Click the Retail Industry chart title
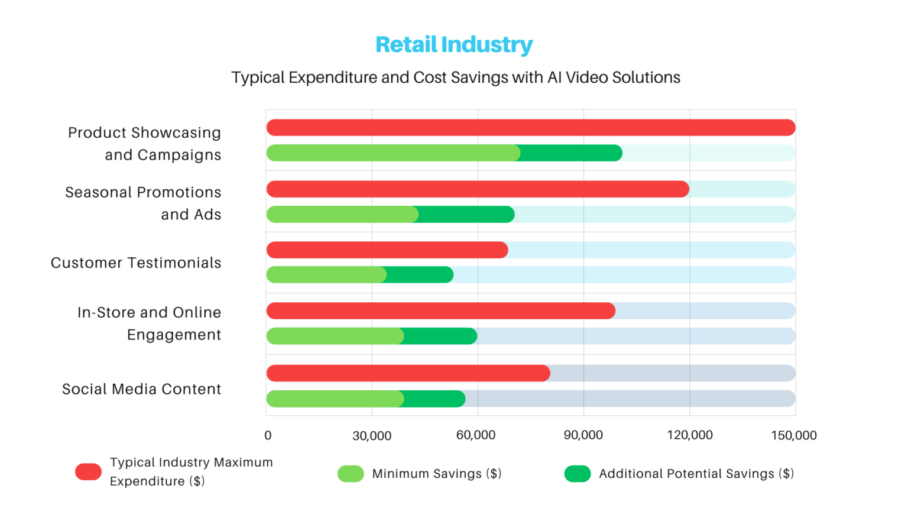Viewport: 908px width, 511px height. pos(454,45)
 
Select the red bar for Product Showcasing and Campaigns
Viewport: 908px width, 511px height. pos(530,128)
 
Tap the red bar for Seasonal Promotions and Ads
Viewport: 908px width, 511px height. pos(478,189)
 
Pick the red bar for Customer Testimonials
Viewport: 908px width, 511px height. pos(387,250)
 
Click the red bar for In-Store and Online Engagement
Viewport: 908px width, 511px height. pos(440,311)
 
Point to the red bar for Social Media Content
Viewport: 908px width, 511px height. pos(408,373)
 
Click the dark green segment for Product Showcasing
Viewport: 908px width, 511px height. pos(571,153)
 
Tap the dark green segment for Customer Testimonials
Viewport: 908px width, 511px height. pos(420,275)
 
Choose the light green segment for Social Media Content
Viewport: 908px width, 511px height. pos(335,399)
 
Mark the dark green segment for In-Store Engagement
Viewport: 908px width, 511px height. pos(440,336)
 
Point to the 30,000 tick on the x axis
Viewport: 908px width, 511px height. pos(372,436)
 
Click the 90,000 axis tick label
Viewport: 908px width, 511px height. pos(583,436)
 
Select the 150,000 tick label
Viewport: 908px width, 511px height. pos(793,436)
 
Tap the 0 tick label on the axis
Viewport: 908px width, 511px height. pos(268,436)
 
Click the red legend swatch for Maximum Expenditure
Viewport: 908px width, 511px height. pos(89,472)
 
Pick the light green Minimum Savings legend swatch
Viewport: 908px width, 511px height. pos(351,474)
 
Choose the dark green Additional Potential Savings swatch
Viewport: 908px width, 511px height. pos(578,474)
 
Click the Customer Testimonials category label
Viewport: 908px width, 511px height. pos(136,263)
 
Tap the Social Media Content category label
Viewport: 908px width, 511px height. pos(142,389)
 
